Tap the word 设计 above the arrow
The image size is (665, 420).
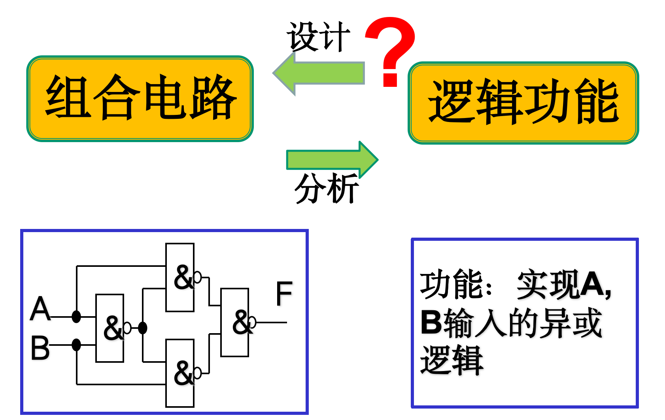[x=318, y=37]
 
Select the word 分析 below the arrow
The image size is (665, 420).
[x=327, y=189]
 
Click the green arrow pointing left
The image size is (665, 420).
[x=319, y=73]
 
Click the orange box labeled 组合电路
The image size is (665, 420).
[x=140, y=98]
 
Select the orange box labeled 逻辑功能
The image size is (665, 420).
[x=523, y=103]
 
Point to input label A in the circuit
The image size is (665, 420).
[x=40, y=309]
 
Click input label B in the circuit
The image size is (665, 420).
[x=40, y=348]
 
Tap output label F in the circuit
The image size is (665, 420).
[x=284, y=294]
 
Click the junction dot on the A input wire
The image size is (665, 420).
[x=76, y=316]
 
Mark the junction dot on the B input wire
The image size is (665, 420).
[x=76, y=345]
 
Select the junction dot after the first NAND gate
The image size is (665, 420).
[x=143, y=328]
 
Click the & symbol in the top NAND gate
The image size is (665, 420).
[x=183, y=277]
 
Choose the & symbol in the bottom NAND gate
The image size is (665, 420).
[x=183, y=373]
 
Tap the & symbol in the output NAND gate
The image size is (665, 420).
[x=242, y=322]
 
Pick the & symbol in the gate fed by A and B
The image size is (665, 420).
[x=113, y=328]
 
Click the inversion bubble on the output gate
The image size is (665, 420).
[x=252, y=322]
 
